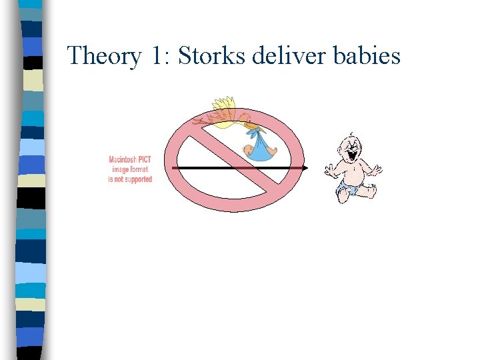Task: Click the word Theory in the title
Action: pyautogui.click(x=104, y=56)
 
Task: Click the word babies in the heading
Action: pyautogui.click(x=368, y=55)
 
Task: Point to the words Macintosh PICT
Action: pyautogui.click(x=130, y=160)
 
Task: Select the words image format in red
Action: pyautogui.click(x=130, y=169)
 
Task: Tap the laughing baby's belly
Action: pyautogui.click(x=351, y=177)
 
